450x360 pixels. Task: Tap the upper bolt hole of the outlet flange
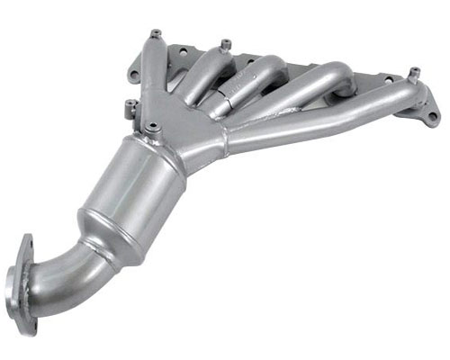[x=24, y=245]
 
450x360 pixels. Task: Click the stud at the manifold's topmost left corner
[x=155, y=34]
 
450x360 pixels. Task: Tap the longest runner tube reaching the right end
[x=324, y=117]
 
